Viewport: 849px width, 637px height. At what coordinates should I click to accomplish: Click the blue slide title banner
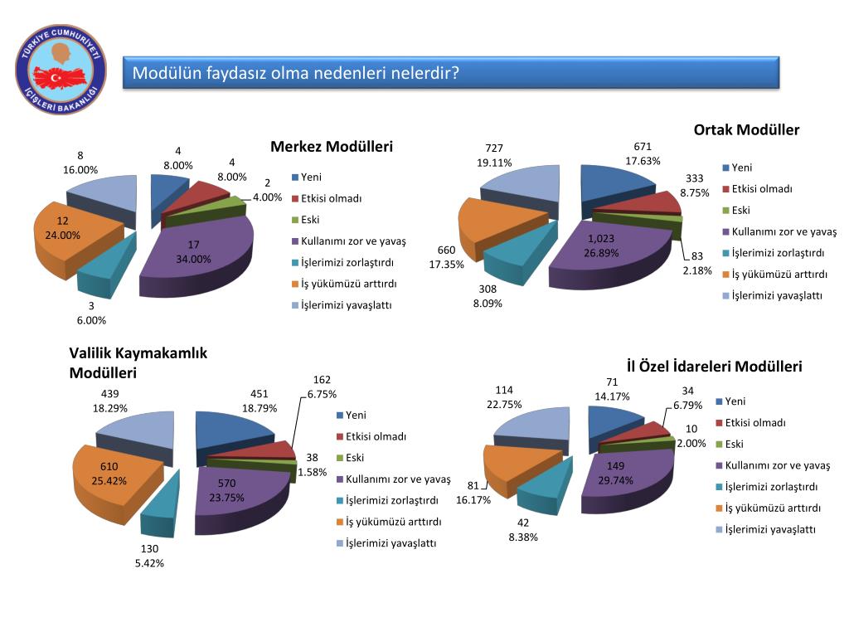tap(452, 73)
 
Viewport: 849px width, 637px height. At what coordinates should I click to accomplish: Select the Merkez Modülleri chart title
tap(332, 147)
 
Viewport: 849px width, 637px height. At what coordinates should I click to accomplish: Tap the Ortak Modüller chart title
tap(746, 129)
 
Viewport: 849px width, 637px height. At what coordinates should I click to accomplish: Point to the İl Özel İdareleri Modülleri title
tap(714, 366)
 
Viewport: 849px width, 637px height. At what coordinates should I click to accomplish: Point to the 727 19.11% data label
tap(495, 155)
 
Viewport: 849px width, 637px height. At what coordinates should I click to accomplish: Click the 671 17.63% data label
tap(643, 154)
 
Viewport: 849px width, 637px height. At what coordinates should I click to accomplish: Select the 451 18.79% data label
tap(259, 401)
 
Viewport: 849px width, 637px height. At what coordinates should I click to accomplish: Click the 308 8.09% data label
tap(488, 296)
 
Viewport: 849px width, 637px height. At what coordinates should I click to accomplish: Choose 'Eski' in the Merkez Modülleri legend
tap(309, 220)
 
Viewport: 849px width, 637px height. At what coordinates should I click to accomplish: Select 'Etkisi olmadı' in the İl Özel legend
tap(755, 423)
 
